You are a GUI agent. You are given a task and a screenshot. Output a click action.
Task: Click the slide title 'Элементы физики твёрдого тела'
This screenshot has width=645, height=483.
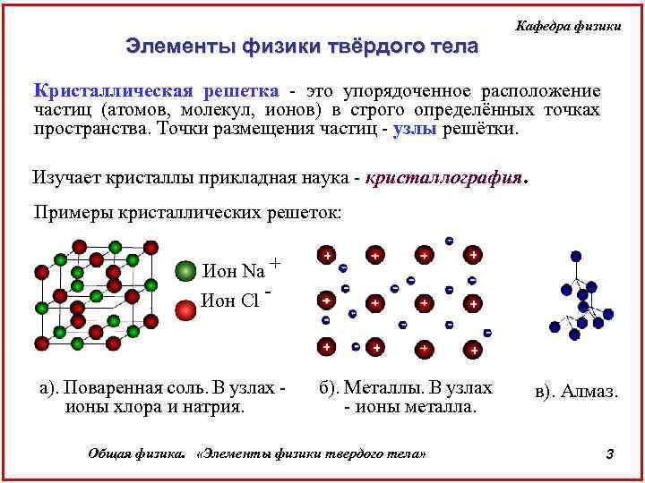pos(302,47)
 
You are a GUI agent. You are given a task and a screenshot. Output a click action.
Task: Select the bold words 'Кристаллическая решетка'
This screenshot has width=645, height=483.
pos(156,91)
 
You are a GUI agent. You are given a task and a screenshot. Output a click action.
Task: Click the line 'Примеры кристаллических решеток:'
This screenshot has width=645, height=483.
pos(186,212)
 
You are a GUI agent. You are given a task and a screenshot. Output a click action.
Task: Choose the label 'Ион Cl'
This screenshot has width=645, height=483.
pos(230,301)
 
